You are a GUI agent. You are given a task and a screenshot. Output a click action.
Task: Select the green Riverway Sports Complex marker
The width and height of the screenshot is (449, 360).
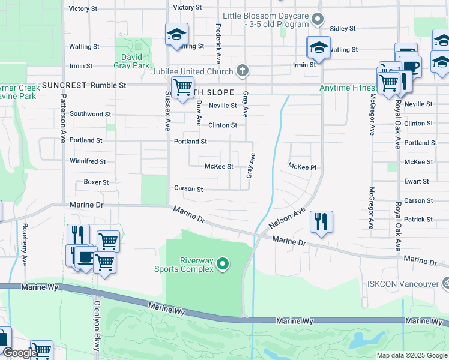pos(223,263)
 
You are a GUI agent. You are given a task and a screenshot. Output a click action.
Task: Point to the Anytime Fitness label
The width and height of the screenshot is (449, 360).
pos(348,88)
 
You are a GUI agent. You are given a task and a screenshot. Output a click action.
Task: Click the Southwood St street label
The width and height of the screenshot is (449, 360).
pos(90,113)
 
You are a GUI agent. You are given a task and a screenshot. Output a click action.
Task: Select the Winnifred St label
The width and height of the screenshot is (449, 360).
pos(88,161)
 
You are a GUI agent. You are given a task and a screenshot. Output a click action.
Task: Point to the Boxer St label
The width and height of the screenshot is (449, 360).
pos(96,182)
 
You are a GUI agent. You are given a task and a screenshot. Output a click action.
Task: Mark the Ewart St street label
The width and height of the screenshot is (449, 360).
pos(417,181)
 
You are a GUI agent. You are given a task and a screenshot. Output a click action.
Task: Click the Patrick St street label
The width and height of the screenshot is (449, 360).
pos(418,220)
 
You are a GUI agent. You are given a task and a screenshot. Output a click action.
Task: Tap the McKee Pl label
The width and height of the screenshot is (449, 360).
pos(301,166)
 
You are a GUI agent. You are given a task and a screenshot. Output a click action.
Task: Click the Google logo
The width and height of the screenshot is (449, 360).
pos(19,353)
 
